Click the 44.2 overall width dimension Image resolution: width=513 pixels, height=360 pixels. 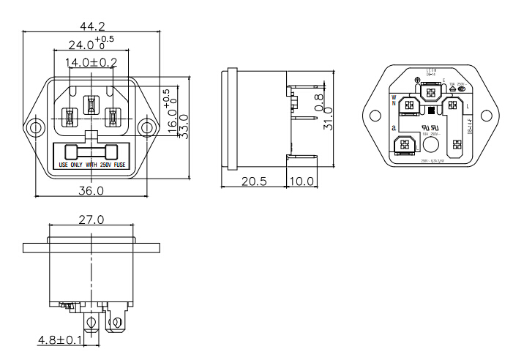click(x=91, y=26)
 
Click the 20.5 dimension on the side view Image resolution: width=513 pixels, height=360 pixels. click(x=253, y=181)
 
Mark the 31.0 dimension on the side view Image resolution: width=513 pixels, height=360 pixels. click(x=328, y=117)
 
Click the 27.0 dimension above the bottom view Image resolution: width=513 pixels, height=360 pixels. click(x=91, y=220)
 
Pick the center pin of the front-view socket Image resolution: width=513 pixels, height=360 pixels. click(x=91, y=105)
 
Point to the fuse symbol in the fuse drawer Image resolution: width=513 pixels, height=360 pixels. click(x=91, y=152)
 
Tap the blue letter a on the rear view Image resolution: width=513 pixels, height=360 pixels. click(x=394, y=127)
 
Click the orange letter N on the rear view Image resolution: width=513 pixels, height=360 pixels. click(x=394, y=103)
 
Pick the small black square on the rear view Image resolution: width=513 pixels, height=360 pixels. click(x=431, y=110)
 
